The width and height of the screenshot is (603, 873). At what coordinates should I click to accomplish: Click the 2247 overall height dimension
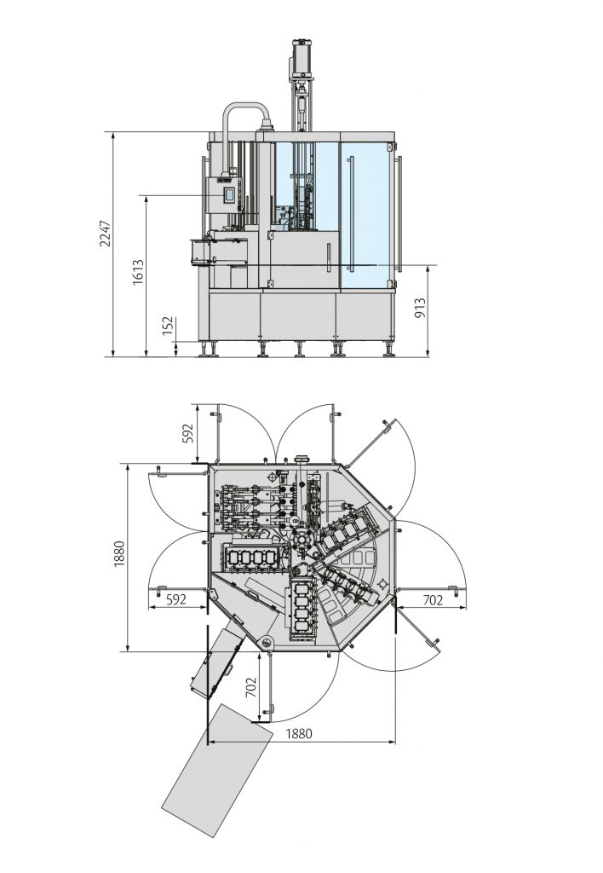[x=105, y=234]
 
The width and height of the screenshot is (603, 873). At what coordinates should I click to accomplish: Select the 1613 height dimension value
[x=138, y=272]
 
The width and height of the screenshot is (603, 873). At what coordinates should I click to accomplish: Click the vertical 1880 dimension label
[x=119, y=554]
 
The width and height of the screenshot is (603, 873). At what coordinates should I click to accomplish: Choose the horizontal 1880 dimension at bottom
[x=299, y=733]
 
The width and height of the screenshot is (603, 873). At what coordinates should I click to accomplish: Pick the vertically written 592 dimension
[x=187, y=434]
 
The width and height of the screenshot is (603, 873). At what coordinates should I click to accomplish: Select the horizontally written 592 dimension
[x=175, y=599]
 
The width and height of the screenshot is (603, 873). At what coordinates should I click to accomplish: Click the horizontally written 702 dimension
[x=433, y=599]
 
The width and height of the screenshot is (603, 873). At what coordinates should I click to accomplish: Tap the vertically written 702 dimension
[x=251, y=687]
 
